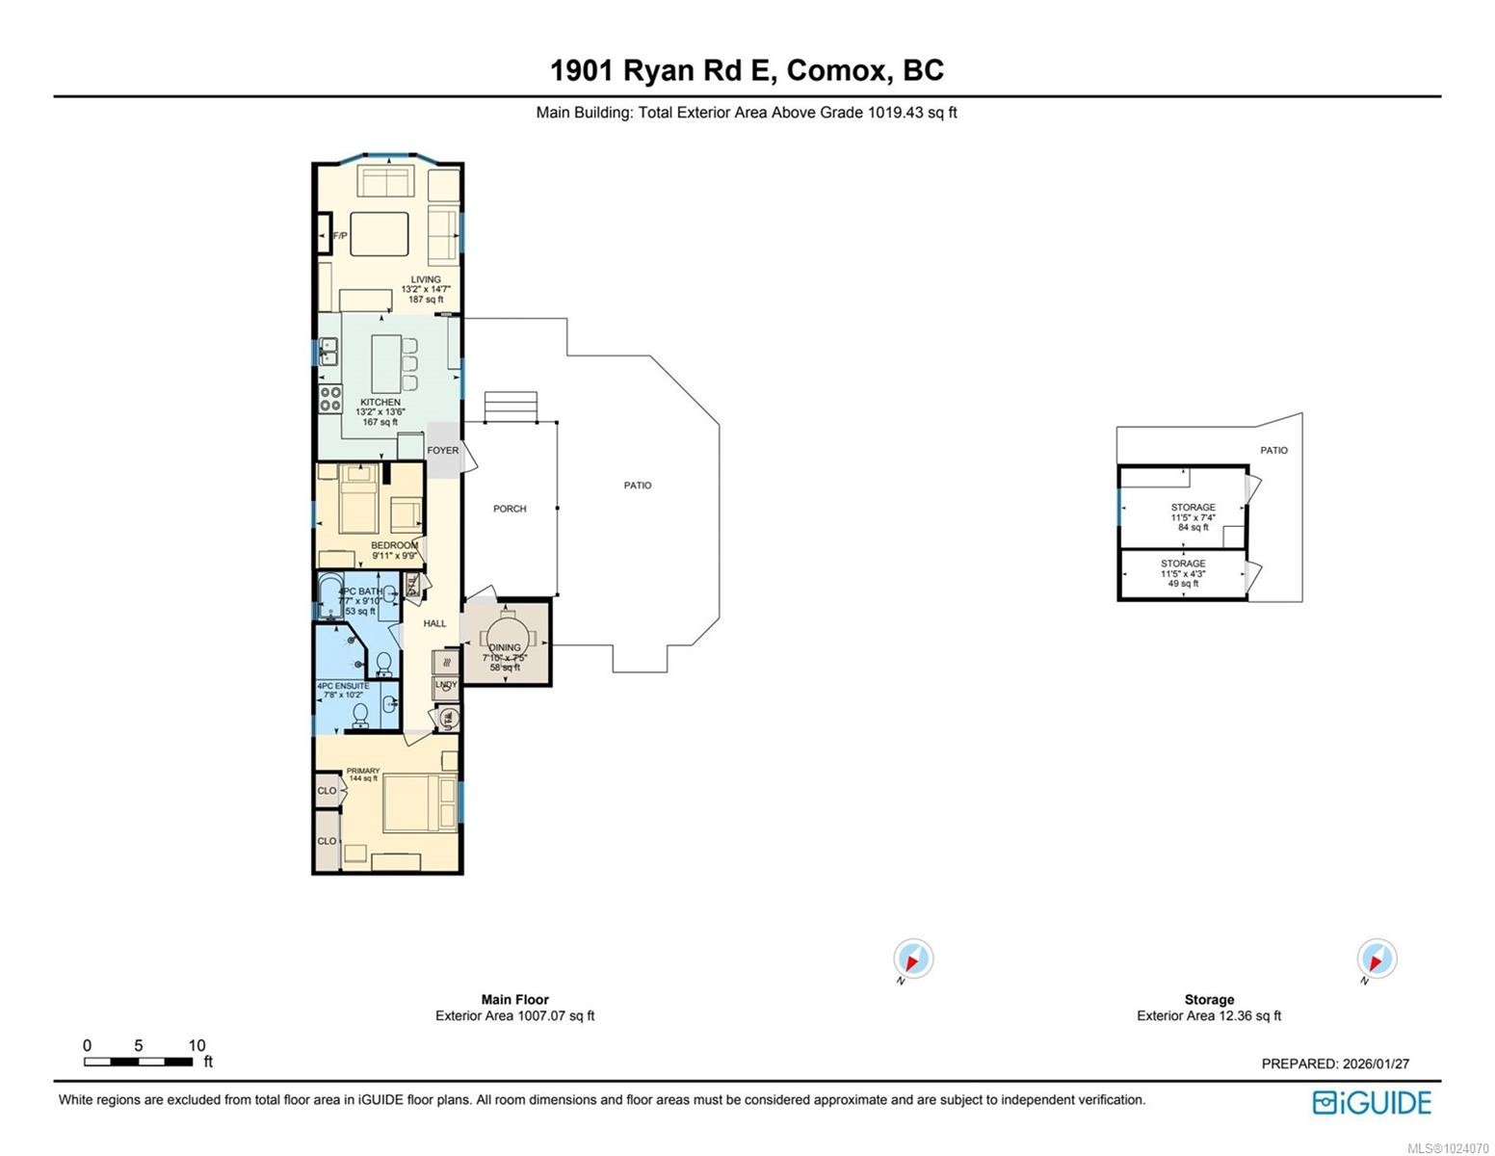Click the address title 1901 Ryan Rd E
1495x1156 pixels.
[x=746, y=70]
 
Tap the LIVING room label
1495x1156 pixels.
[x=426, y=279]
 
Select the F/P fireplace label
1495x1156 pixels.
[x=340, y=236]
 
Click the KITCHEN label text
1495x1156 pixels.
[x=380, y=402]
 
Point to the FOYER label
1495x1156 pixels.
[x=443, y=450]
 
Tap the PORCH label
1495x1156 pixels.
[x=510, y=509]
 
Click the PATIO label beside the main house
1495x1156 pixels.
[x=638, y=486]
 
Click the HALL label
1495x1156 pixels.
[x=434, y=623]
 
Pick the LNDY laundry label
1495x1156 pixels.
[x=446, y=685]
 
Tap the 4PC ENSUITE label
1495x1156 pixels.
[x=343, y=686]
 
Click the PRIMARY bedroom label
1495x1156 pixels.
[x=363, y=771]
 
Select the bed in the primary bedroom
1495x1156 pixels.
[x=421, y=804]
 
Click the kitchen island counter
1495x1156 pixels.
[x=386, y=363]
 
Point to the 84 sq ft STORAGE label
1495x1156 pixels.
[x=1193, y=508]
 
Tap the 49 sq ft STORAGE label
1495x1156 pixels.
[x=1182, y=564]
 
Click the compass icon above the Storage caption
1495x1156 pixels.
[x=1377, y=959]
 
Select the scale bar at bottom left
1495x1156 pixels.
[x=138, y=1062]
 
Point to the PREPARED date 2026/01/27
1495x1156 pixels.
[x=1335, y=1064]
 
